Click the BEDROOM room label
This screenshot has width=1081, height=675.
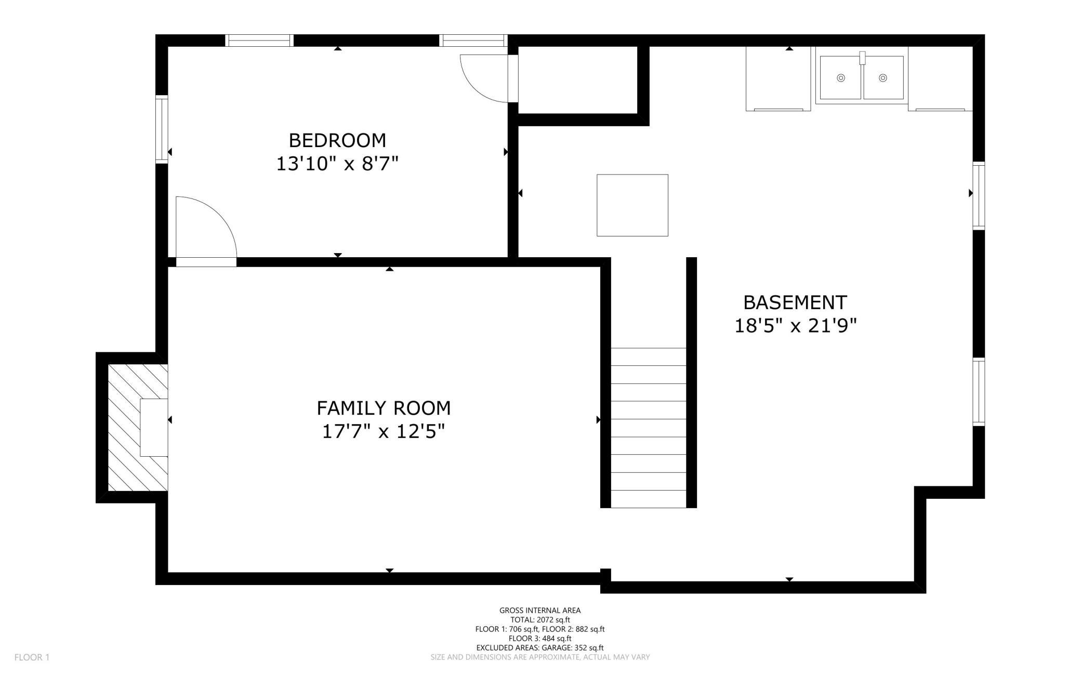pos(337,140)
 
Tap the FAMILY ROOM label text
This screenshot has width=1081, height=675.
pos(384,408)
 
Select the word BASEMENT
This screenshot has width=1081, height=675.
pos(795,302)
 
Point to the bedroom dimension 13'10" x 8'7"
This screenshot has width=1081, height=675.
pos(337,164)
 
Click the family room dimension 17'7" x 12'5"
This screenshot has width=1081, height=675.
pos(384,432)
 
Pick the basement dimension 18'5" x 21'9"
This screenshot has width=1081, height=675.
pos(795,326)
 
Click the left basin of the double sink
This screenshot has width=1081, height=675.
pos(840,78)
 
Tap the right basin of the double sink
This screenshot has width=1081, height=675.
pos(883,78)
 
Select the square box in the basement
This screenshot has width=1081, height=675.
pos(632,205)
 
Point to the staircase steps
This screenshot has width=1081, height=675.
pos(648,428)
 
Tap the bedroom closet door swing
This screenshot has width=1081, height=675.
pos(484,78)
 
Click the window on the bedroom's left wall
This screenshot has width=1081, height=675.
pos(162,130)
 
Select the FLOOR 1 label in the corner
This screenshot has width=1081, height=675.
pos(32,657)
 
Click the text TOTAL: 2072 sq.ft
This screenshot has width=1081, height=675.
pos(540,620)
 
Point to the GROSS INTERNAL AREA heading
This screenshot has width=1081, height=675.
pos(540,611)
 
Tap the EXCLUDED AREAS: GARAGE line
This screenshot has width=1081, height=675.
pos(540,648)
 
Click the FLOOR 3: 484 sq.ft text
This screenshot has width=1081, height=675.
pos(540,639)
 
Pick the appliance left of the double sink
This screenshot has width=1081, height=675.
pos(778,78)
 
